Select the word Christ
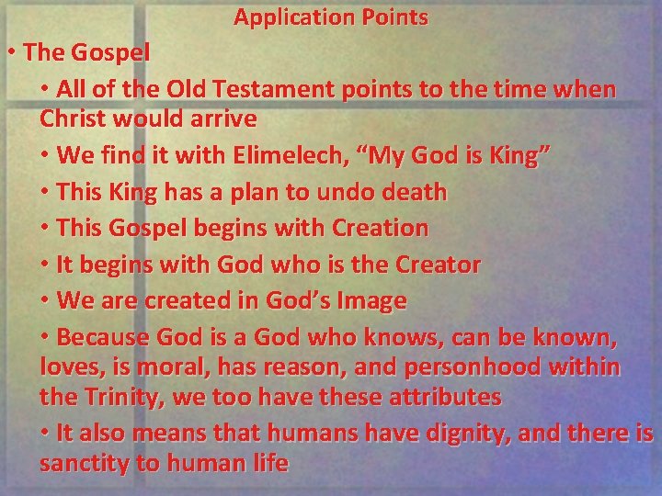76,119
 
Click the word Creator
438,265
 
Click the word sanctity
85,463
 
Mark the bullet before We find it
46,155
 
